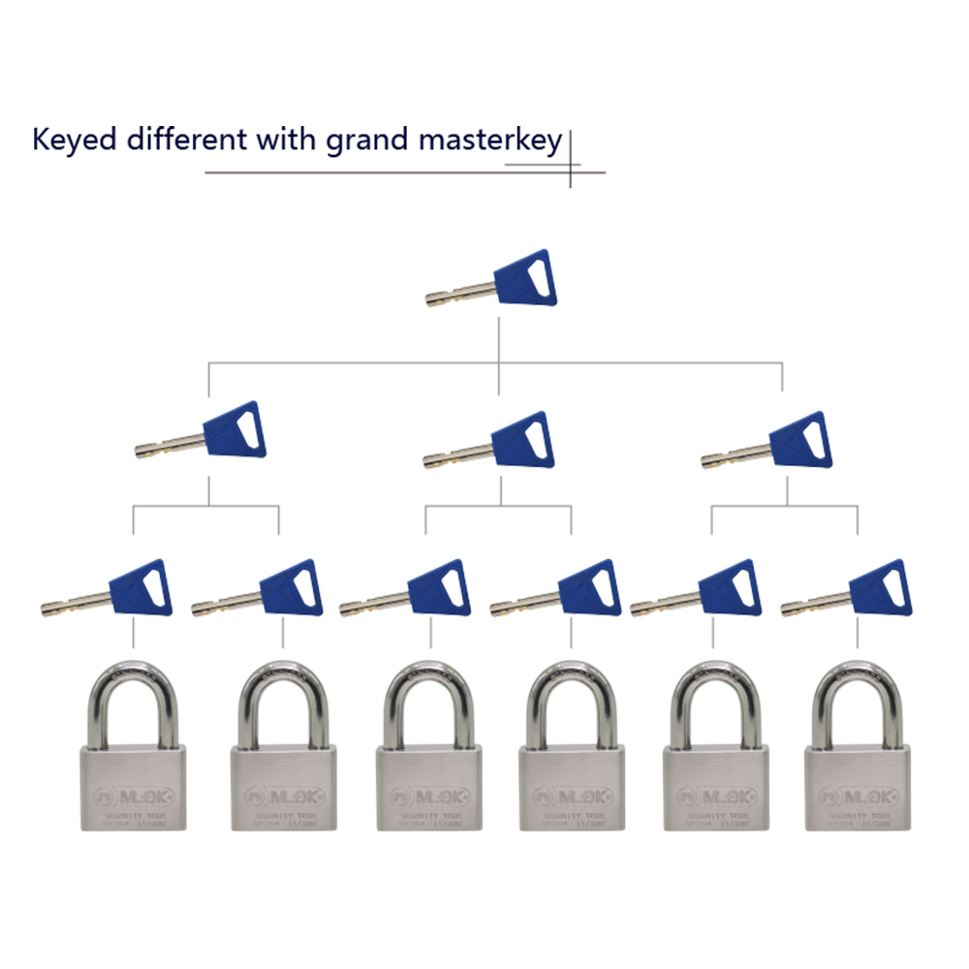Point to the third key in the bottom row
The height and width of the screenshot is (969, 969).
(407, 590)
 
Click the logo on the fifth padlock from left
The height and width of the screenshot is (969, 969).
(714, 797)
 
